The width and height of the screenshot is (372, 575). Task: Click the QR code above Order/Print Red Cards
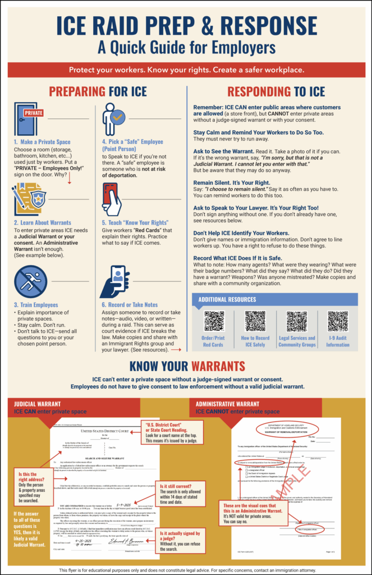coord(214,321)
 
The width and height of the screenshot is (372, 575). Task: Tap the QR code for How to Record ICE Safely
coord(255,321)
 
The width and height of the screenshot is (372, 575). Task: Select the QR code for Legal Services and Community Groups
coord(297,321)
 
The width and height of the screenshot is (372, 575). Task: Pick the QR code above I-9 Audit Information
coord(338,321)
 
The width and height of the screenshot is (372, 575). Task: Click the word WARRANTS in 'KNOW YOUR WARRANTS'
coord(218,367)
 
